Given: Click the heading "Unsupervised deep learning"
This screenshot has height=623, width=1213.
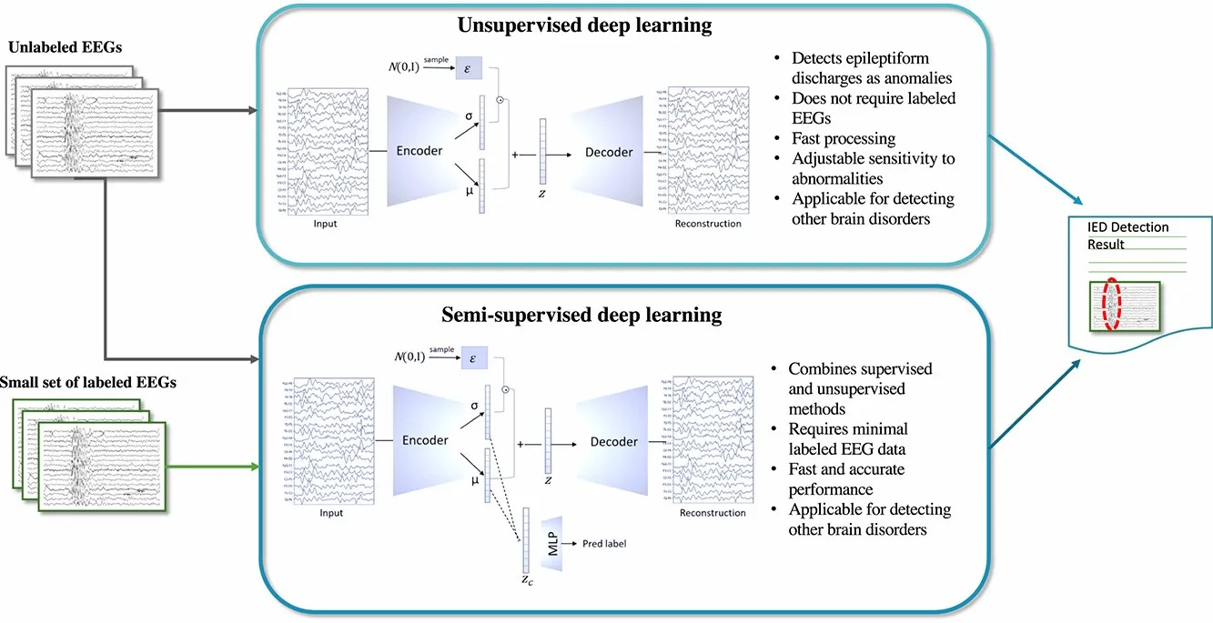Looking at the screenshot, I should (x=584, y=26).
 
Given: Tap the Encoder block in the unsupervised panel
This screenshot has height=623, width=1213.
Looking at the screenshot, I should (x=420, y=150).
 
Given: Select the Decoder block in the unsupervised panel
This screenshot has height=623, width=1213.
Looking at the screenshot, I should (x=608, y=152).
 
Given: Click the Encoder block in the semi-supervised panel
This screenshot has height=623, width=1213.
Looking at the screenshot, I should (x=425, y=440).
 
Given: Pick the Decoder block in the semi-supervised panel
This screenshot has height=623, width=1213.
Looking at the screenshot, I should (x=613, y=441).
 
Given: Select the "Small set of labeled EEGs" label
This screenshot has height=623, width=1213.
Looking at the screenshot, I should (x=88, y=383).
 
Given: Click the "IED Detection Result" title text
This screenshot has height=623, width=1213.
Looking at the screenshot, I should (x=1127, y=235).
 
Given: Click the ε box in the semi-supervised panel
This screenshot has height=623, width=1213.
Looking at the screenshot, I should (x=473, y=357).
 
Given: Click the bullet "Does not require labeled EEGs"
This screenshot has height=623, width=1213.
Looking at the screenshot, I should (x=863, y=107).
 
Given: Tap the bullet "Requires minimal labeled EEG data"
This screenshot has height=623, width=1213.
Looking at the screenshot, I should (x=847, y=437).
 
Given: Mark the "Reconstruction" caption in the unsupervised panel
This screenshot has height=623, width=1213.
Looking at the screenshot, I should (x=708, y=224).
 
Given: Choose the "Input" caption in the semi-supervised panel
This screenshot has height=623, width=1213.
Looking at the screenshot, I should (x=331, y=513).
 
